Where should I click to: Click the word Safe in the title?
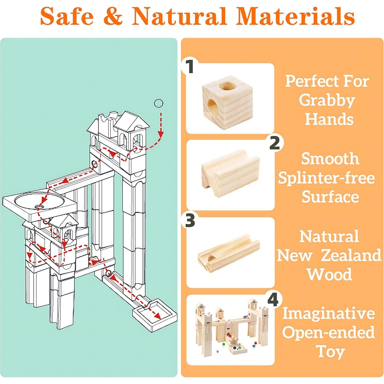pyautogui.click(x=67, y=16)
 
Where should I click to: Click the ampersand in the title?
pyautogui.click(x=113, y=16)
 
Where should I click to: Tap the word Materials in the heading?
pyautogui.click(x=295, y=16)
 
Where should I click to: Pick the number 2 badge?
pyautogui.click(x=274, y=143)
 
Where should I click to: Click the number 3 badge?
pyautogui.click(x=190, y=220)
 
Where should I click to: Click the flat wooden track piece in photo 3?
pyautogui.click(x=228, y=253)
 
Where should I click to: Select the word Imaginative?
pyautogui.click(x=328, y=313)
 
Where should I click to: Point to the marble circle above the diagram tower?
pyautogui.click(x=158, y=103)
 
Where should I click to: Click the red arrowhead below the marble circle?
pyautogui.click(x=161, y=134)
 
